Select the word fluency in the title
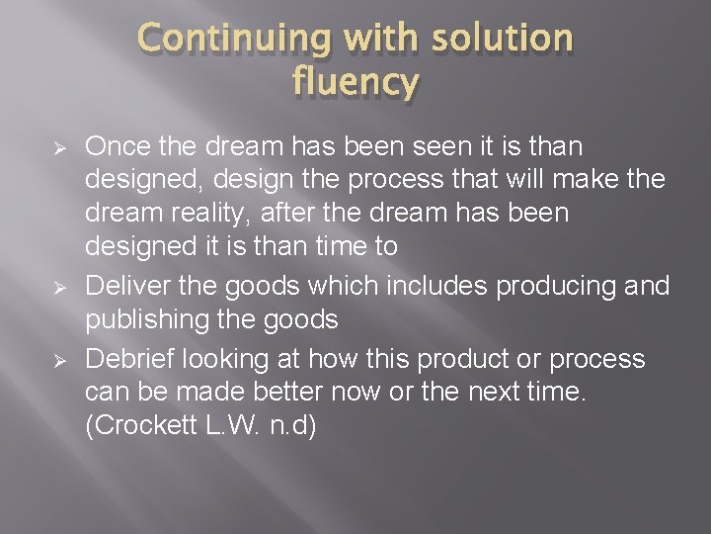355,82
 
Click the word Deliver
121,288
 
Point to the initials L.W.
230,427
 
